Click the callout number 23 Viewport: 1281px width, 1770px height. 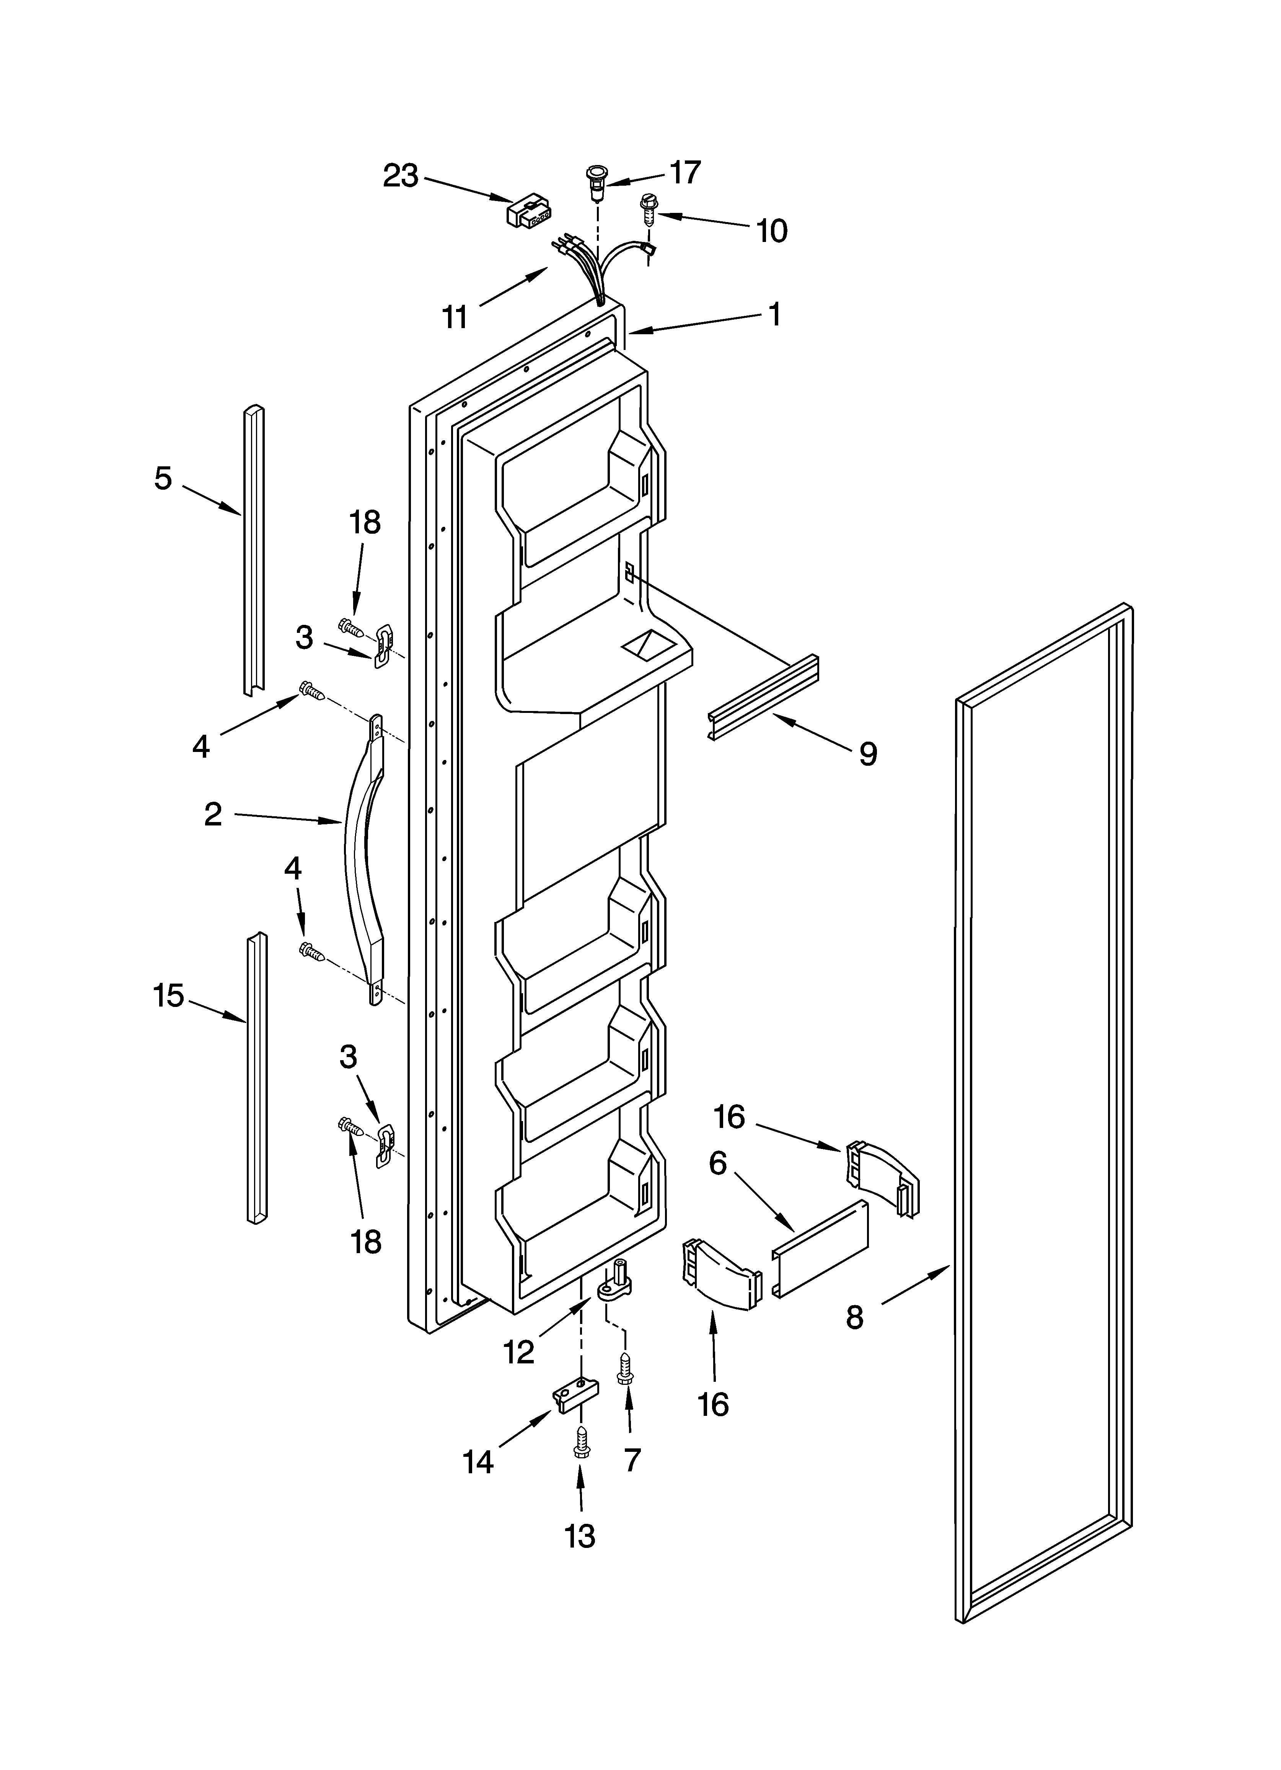[x=400, y=177]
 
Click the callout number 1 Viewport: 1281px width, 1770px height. [x=774, y=314]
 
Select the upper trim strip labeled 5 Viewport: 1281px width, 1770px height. [x=254, y=550]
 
